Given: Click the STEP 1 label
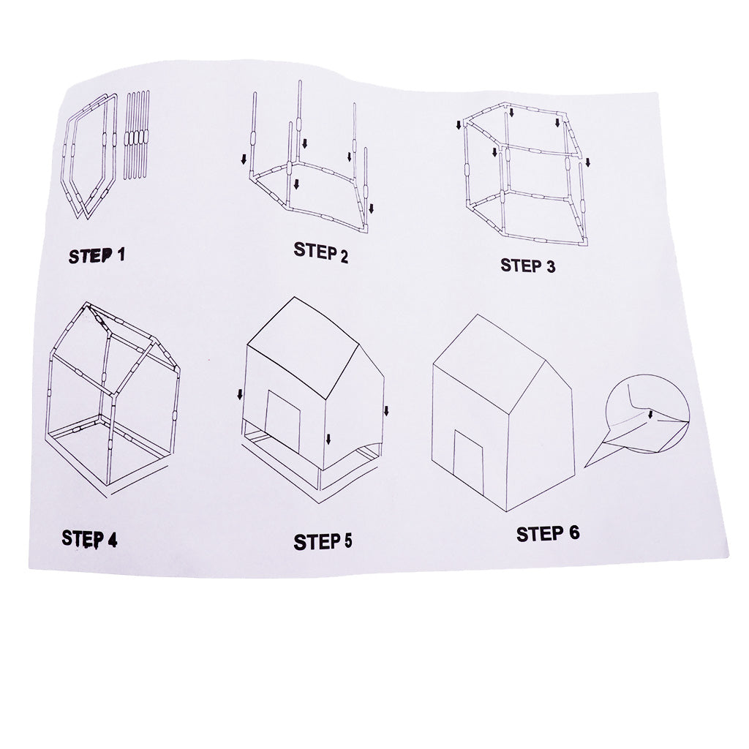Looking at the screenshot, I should click(x=97, y=256).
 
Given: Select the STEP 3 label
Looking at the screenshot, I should click(x=527, y=266).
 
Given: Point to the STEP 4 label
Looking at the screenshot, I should click(x=89, y=539).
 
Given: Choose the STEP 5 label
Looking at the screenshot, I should click(x=323, y=542).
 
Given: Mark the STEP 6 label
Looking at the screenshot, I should click(x=548, y=534).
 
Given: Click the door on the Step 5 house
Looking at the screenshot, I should click(x=283, y=420).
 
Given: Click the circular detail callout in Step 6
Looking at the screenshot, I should click(x=648, y=415).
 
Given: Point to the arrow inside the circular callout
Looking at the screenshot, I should click(x=650, y=415).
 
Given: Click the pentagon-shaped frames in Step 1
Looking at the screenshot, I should click(x=91, y=157).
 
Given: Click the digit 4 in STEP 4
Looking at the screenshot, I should click(x=112, y=541).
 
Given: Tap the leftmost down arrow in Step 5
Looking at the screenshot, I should click(x=239, y=395).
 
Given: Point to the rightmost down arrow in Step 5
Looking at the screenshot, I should click(x=386, y=410).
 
